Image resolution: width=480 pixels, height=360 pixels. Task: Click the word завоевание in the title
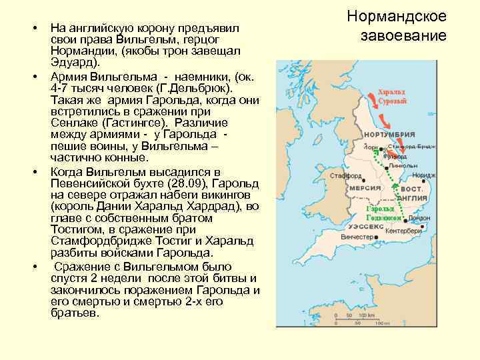click(396, 34)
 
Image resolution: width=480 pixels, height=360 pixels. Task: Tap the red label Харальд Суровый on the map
click(392, 97)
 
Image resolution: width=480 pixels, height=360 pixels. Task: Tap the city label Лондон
click(419, 218)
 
